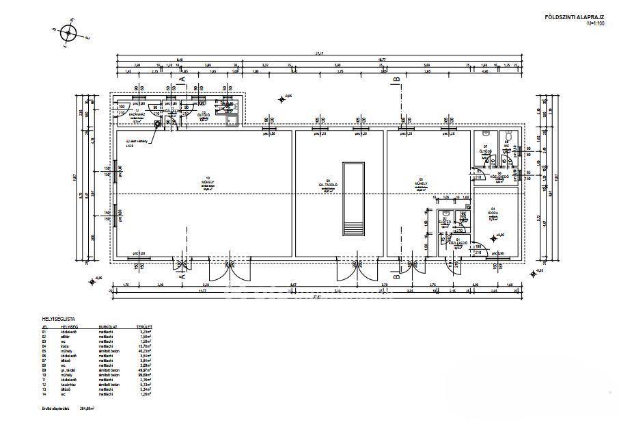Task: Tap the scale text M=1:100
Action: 596,23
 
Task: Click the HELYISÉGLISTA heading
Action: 59,319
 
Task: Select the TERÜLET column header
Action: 143,327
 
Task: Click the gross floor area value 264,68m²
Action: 85,408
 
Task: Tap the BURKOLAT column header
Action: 108,327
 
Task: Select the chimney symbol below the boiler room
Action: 157,125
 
